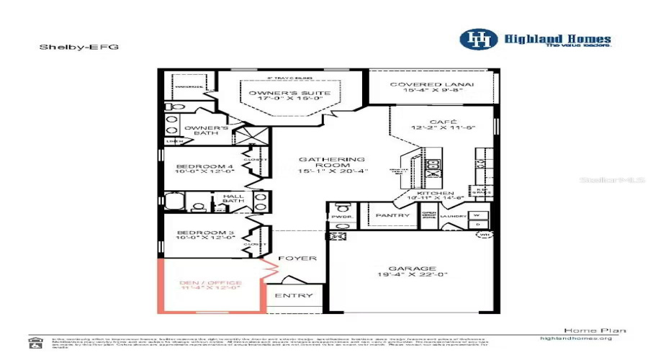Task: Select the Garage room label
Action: point(413,268)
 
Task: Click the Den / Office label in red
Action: point(210,283)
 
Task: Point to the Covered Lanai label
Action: point(432,85)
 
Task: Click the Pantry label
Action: point(393,215)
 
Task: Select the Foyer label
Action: point(297,258)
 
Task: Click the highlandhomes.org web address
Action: point(575,338)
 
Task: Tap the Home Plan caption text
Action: point(585,330)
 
